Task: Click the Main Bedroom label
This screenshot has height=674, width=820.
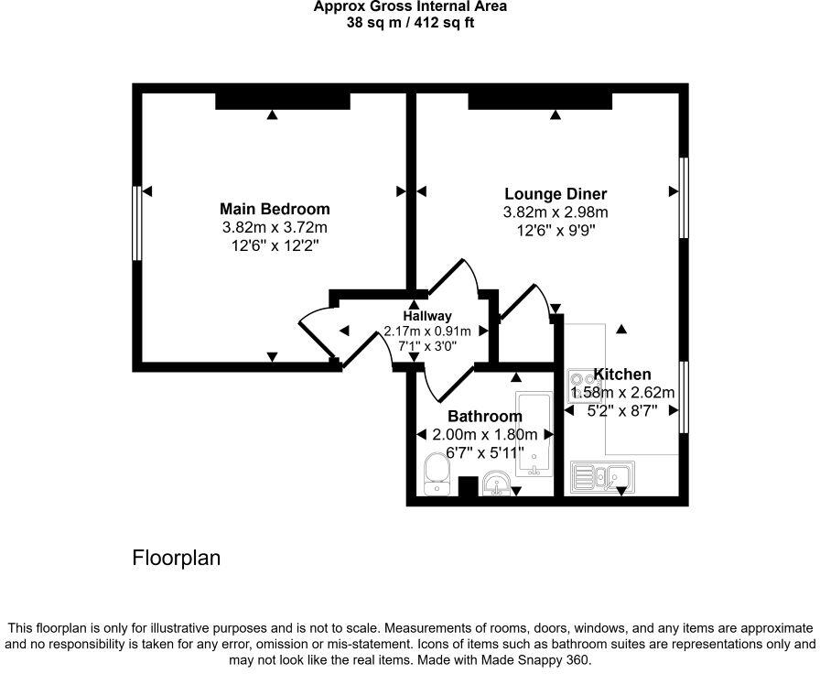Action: (x=275, y=209)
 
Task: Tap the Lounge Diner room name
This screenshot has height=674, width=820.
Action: (x=556, y=194)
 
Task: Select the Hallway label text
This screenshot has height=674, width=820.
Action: (x=427, y=316)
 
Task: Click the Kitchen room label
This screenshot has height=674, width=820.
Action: (x=622, y=374)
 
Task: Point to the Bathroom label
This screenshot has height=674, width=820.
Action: (x=484, y=417)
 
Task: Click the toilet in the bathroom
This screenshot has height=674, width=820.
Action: (x=436, y=473)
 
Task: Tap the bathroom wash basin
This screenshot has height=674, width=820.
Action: (x=498, y=482)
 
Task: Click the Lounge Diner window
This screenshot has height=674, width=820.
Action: (x=683, y=198)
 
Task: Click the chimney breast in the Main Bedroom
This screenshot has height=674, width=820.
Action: (x=283, y=99)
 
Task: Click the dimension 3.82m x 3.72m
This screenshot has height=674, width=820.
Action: (x=275, y=227)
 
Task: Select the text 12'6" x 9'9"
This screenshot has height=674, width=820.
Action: (x=556, y=231)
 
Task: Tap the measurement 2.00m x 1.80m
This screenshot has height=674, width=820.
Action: (x=484, y=434)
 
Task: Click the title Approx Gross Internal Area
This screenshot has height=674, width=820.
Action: (x=409, y=7)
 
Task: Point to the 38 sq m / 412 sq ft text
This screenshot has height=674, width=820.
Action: (x=409, y=23)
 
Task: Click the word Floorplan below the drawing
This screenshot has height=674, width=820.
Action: (x=177, y=557)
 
